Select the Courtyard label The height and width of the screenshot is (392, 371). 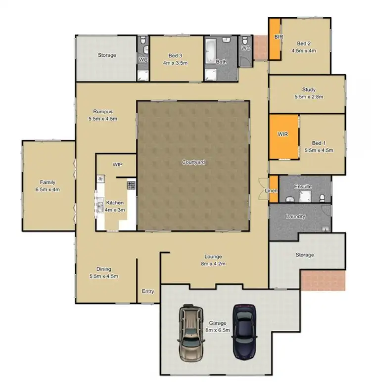tap(193, 162)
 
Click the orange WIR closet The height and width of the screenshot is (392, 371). tap(283, 137)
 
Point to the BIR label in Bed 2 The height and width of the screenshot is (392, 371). tap(278, 37)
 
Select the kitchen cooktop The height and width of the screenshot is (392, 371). tap(131, 186)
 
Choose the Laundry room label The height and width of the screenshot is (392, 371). tap(295, 217)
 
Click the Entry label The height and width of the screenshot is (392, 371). tap(148, 291)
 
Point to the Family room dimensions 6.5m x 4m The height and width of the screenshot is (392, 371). tap(48, 189)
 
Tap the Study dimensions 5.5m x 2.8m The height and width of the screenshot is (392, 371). tap(309, 97)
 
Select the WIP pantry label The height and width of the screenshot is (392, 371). tap(117, 164)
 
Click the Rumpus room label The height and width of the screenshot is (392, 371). tap(102, 111)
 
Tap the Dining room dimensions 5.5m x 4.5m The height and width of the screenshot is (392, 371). tap(104, 276)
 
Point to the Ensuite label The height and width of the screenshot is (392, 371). tap(303, 186)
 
